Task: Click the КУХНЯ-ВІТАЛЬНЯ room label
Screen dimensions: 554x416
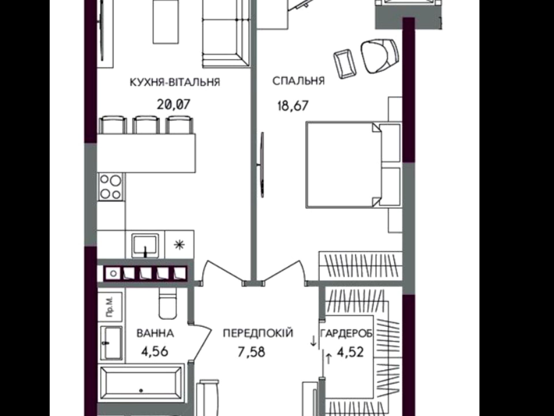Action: pyautogui.click(x=175, y=82)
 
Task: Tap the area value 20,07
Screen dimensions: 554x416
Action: pyautogui.click(x=174, y=104)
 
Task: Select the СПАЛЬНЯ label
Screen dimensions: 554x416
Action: pyautogui.click(x=299, y=81)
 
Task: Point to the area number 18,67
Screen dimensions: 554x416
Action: pyautogui.click(x=293, y=106)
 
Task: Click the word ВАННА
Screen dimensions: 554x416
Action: pyautogui.click(x=155, y=333)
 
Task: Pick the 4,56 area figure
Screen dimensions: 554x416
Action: pyautogui.click(x=155, y=352)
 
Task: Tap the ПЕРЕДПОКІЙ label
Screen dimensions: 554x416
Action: pyautogui.click(x=258, y=333)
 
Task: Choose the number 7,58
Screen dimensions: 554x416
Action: pyautogui.click(x=251, y=352)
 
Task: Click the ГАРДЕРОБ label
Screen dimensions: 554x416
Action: pyautogui.click(x=346, y=334)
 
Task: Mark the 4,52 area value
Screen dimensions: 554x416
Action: pyautogui.click(x=350, y=352)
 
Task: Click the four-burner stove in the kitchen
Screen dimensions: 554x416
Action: pyautogui.click(x=111, y=187)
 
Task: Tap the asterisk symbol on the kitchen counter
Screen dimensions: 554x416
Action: pyautogui.click(x=179, y=245)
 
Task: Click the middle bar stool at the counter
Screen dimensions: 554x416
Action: pyautogui.click(x=146, y=125)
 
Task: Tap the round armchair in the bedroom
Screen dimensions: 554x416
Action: pyautogui.click(x=380, y=56)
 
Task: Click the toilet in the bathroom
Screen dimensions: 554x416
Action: pyautogui.click(x=168, y=303)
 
